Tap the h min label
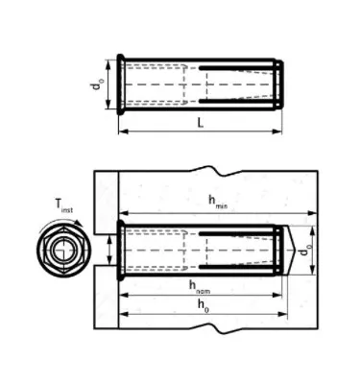217,202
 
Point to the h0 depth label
202,305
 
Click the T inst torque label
64,204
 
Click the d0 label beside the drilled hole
304,253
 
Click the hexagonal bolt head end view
62,252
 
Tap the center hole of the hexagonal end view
62,252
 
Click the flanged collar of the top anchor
120,85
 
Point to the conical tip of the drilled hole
293,252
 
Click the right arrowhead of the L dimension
277,132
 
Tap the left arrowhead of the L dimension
123,132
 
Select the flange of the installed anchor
119,252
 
